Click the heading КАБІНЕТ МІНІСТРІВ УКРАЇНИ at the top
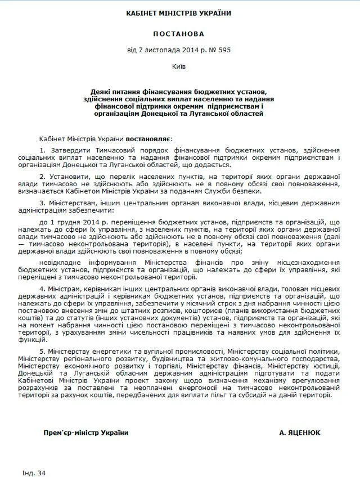[x=179, y=13]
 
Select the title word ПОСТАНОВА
[x=179, y=34]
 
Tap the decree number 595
[x=224, y=50]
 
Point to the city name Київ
[x=179, y=66]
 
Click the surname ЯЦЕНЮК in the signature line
[x=300, y=433]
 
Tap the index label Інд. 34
[x=34, y=473]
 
